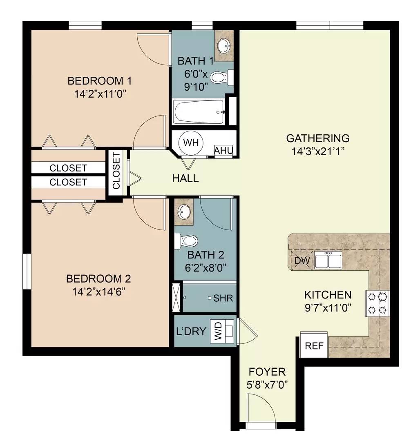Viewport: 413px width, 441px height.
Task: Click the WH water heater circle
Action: coord(190,143)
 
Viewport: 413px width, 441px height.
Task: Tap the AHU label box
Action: coord(224,151)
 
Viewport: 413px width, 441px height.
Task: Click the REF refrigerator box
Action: coord(315,346)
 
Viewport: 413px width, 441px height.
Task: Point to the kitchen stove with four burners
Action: coord(378,303)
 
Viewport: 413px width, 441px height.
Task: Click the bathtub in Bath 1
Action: coord(199,112)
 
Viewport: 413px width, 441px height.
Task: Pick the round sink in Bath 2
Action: coord(185,212)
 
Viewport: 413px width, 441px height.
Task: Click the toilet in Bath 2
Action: coord(186,241)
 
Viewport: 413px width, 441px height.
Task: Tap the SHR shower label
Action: coord(223,298)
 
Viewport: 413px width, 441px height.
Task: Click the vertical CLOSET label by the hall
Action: coord(116,171)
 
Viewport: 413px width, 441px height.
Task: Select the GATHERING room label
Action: coord(317,138)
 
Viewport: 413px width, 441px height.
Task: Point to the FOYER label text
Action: coord(267,372)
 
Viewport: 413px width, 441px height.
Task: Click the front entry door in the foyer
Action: coord(259,410)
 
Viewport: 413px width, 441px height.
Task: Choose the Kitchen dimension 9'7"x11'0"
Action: coord(328,307)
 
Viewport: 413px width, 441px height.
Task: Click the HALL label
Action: coord(185,178)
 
